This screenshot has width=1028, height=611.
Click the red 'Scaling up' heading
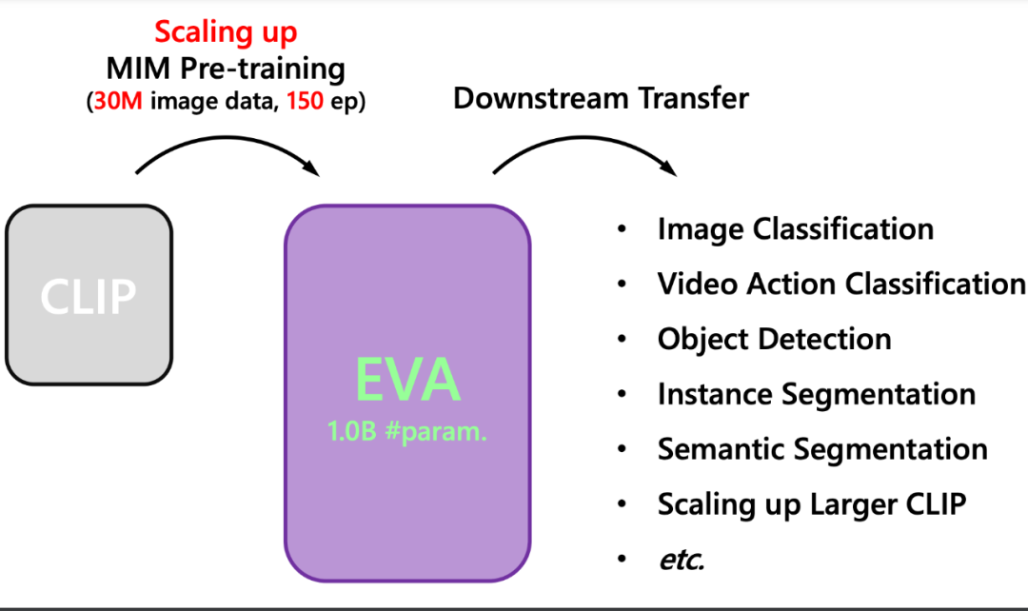pyautogui.click(x=227, y=32)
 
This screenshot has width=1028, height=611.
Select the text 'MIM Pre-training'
pyautogui.click(x=226, y=69)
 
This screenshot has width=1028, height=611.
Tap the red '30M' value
pyautogui.click(x=118, y=101)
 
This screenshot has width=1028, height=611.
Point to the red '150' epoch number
pyautogui.click(x=305, y=101)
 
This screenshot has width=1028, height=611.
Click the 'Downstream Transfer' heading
pyautogui.click(x=601, y=98)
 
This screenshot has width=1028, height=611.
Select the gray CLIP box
pyautogui.click(x=89, y=295)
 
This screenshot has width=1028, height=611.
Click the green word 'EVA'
pyautogui.click(x=407, y=380)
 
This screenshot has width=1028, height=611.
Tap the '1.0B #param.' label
pyautogui.click(x=407, y=431)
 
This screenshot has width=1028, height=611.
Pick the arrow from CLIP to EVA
pyautogui.click(x=227, y=138)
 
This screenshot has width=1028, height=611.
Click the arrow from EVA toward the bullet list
pyautogui.click(x=583, y=138)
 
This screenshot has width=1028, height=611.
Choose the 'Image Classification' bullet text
pyautogui.click(x=795, y=229)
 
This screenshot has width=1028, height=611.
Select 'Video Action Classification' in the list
pyautogui.click(x=841, y=284)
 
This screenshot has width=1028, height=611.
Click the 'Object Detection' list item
pyautogui.click(x=774, y=340)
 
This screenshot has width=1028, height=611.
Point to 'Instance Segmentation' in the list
pyautogui.click(x=817, y=395)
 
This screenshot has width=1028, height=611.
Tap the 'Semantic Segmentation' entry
pyautogui.click(x=822, y=450)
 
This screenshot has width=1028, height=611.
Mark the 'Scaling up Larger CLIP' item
pyautogui.click(x=812, y=504)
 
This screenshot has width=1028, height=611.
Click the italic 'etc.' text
pyautogui.click(x=682, y=560)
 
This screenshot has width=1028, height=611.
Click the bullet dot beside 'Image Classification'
pyautogui.click(x=622, y=229)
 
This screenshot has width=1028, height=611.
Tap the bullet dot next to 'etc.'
pyautogui.click(x=622, y=560)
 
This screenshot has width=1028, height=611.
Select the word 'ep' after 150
pyautogui.click(x=343, y=102)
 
